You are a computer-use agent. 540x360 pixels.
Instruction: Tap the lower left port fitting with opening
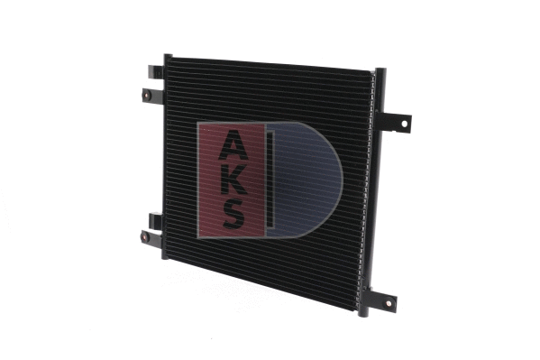click(145, 237)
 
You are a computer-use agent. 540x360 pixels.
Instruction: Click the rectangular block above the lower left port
click(155, 218)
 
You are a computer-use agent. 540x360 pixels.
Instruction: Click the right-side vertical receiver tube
click(372, 189)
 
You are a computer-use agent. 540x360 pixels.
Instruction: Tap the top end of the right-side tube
click(380, 72)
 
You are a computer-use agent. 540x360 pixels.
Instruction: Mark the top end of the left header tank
click(168, 57)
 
